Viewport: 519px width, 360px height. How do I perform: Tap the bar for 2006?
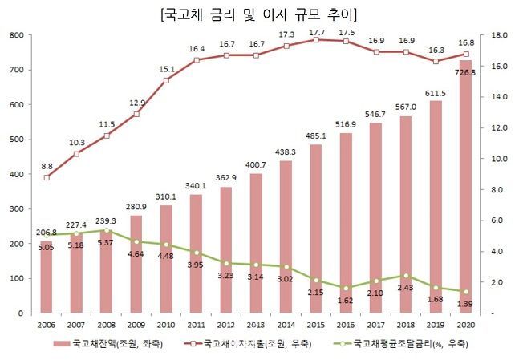47,277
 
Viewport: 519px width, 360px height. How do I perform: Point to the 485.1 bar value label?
315,136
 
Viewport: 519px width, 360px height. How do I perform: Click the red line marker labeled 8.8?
47,177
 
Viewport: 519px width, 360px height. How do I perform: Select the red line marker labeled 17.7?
315,39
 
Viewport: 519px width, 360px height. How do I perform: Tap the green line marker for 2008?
107,230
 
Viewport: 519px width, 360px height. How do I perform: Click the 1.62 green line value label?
345,301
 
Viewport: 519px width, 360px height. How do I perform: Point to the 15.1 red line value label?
166,69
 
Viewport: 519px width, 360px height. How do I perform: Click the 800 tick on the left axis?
16,35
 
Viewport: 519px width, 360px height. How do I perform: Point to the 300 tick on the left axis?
16,208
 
